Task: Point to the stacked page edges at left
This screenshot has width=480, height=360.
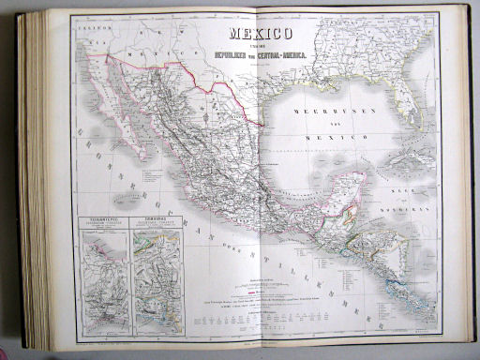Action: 36,178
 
